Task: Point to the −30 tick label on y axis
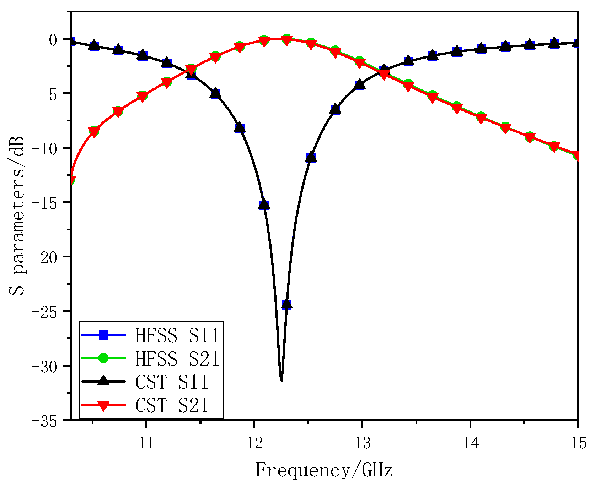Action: coord(46,366)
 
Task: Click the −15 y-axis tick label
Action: coord(46,202)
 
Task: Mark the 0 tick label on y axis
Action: coord(53,39)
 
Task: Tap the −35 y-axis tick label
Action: coord(46,421)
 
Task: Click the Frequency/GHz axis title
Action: coord(324,470)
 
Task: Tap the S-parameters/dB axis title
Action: coord(17,215)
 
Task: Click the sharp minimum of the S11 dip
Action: coord(282,380)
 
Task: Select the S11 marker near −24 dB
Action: coord(286,304)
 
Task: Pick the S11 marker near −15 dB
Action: coord(264,205)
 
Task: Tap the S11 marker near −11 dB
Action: coord(311,157)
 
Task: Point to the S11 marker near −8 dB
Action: coord(240,128)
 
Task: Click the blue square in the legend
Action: coord(103,335)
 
